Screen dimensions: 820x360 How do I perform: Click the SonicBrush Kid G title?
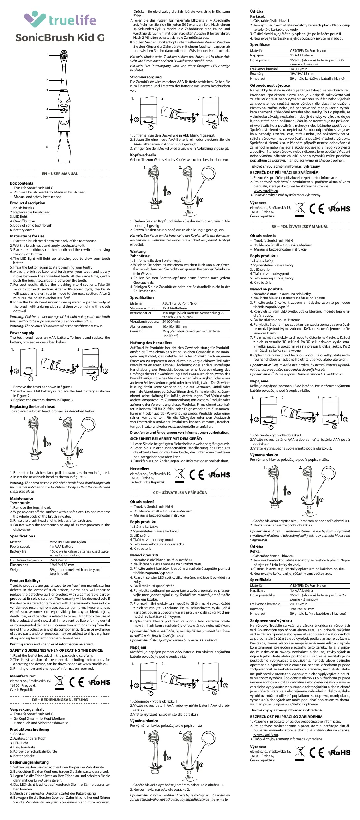click(x=60, y=37)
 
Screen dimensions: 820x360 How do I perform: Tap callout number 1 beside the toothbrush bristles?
click(x=47, y=55)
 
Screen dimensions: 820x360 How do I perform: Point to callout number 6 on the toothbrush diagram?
click(x=47, y=147)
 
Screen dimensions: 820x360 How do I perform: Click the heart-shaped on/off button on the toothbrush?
click(x=64, y=109)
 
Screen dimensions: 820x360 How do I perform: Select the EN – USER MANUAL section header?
click(x=60, y=174)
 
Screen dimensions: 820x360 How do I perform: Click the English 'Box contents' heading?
click(x=22, y=183)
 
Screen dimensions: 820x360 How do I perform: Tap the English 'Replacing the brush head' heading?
click(x=32, y=406)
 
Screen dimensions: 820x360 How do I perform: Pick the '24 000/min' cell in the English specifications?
click(x=59, y=560)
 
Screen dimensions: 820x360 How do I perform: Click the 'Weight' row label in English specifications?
click(x=16, y=569)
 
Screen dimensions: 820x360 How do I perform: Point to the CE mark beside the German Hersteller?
click(x=197, y=475)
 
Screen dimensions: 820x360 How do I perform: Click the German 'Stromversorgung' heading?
click(x=146, y=77)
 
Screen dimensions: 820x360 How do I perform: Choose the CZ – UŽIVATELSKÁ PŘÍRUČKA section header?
click(x=180, y=493)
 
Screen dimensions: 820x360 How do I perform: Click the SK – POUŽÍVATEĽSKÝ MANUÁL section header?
click(x=300, y=227)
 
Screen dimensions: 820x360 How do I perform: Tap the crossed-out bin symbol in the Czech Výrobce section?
click(x=300, y=209)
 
